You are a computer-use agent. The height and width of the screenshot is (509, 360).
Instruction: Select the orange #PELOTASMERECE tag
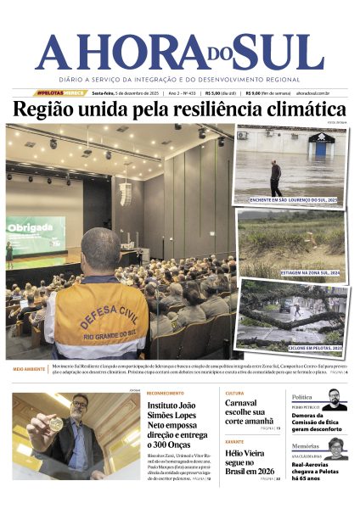click(60, 92)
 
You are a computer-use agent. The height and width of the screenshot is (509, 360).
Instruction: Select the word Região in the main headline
click(46, 109)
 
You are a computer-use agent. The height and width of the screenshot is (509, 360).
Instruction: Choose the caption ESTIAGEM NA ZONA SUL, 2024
click(309, 272)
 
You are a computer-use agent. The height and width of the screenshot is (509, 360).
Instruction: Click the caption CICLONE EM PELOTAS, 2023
click(313, 348)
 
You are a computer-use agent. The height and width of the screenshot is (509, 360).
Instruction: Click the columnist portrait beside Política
click(334, 400)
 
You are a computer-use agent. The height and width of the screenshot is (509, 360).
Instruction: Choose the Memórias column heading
click(307, 445)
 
